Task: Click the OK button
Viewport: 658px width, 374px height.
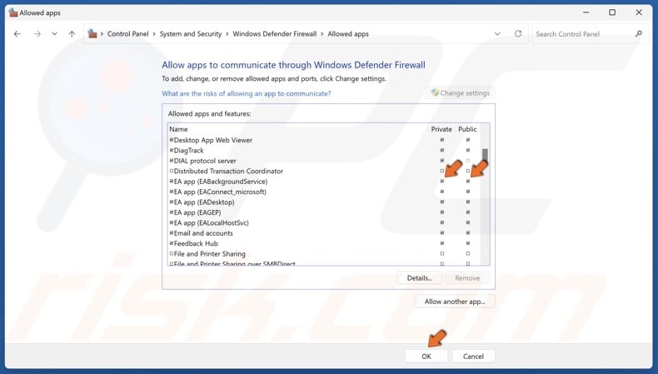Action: [426, 356]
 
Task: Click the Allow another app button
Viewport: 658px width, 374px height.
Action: [455, 302]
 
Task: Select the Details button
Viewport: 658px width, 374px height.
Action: [420, 277]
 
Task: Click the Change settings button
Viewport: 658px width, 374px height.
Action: [461, 93]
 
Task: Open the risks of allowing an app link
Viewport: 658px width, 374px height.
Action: [246, 93]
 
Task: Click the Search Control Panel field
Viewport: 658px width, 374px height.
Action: [583, 34]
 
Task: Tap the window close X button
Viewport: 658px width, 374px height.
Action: [638, 12]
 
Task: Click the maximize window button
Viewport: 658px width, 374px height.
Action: [612, 12]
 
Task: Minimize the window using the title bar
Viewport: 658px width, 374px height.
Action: [586, 12]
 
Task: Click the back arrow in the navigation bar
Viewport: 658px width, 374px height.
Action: [17, 34]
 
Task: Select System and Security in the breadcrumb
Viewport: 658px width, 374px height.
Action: [191, 34]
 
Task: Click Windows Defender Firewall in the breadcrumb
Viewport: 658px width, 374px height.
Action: [275, 34]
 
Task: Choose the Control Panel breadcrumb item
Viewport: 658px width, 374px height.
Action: [127, 34]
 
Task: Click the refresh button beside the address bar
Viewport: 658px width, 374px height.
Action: [518, 34]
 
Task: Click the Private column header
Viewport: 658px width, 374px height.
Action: [441, 129]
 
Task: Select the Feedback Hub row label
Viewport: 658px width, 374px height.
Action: [196, 244]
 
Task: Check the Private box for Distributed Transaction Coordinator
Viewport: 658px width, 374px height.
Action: [442, 172]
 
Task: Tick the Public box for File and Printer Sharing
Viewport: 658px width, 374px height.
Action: [468, 254]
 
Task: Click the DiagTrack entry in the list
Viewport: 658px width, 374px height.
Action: [188, 151]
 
